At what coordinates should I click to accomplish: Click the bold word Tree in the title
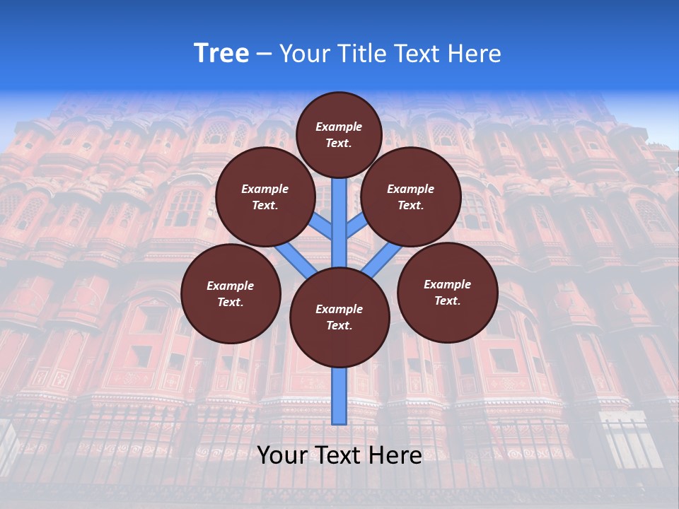tap(221, 54)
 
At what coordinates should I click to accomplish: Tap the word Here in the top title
tap(474, 54)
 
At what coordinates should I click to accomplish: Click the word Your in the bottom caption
tap(282, 455)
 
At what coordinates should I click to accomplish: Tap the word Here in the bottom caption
tap(394, 455)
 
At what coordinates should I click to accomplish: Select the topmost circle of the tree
tap(339, 134)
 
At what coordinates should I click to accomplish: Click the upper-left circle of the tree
tap(265, 197)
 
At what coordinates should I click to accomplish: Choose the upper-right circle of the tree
tap(410, 197)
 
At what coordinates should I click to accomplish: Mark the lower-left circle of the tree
tap(231, 293)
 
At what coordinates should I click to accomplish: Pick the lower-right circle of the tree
tap(447, 292)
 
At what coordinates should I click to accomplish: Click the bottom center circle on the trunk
tap(339, 317)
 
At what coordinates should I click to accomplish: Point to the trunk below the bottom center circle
tap(339, 396)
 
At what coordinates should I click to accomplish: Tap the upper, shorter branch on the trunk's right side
tap(356, 226)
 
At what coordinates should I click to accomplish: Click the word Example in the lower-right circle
tap(447, 284)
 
